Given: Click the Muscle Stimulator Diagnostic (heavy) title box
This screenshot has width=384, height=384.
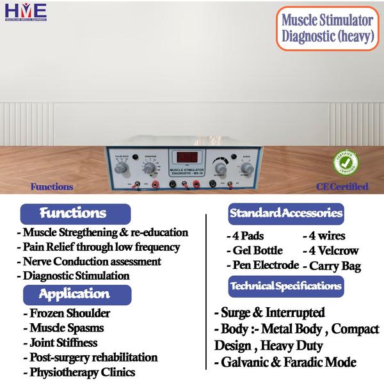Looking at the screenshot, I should tap(327, 27).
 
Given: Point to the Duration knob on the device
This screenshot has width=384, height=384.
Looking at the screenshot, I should tap(148, 168).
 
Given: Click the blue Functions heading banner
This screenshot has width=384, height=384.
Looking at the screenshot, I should tap(76, 213).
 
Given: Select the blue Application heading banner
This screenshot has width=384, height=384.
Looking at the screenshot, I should tap(76, 294).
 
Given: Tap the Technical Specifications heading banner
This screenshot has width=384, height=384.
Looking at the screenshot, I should tap(285, 285).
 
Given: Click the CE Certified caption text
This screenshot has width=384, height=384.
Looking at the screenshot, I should tap(342, 187).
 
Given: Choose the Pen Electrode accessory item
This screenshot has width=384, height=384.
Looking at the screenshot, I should tap(262, 265).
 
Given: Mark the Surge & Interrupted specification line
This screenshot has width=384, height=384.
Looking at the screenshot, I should tap(269, 313).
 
